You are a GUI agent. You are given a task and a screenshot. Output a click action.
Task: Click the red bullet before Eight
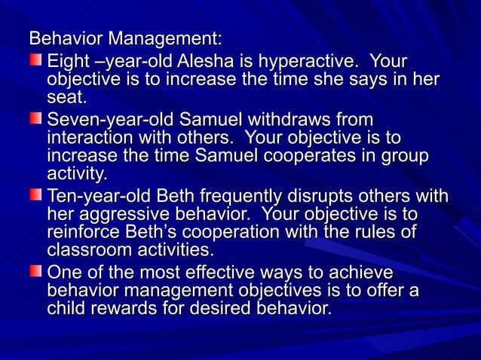tap(35, 59)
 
